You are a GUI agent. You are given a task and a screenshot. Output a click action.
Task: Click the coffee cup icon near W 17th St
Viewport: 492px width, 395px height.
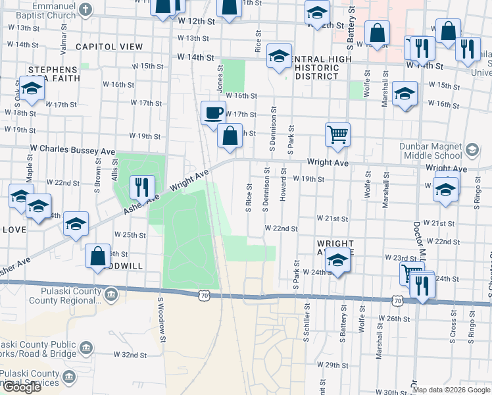(212, 113)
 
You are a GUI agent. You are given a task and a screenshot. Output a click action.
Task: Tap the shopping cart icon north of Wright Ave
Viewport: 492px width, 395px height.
(337, 134)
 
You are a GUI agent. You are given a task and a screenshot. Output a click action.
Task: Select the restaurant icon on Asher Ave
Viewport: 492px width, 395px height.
(141, 187)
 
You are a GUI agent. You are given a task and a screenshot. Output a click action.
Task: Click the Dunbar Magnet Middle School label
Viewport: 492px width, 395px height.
(431, 151)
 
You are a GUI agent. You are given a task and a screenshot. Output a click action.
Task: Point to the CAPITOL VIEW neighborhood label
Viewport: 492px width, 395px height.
(109, 47)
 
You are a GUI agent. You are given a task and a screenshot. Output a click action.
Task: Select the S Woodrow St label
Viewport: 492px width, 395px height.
(160, 319)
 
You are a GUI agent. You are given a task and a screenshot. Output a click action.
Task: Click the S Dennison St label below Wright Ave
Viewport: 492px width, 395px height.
(266, 190)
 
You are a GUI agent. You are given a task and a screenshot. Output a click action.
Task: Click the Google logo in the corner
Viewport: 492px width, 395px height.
(22, 387)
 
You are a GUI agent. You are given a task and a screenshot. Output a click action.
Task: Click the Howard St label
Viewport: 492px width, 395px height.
(283, 184)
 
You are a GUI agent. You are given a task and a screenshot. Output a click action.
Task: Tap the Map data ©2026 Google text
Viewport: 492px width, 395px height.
(451, 390)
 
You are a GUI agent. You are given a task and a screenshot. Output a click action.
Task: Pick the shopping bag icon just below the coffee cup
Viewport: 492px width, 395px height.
(230, 136)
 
